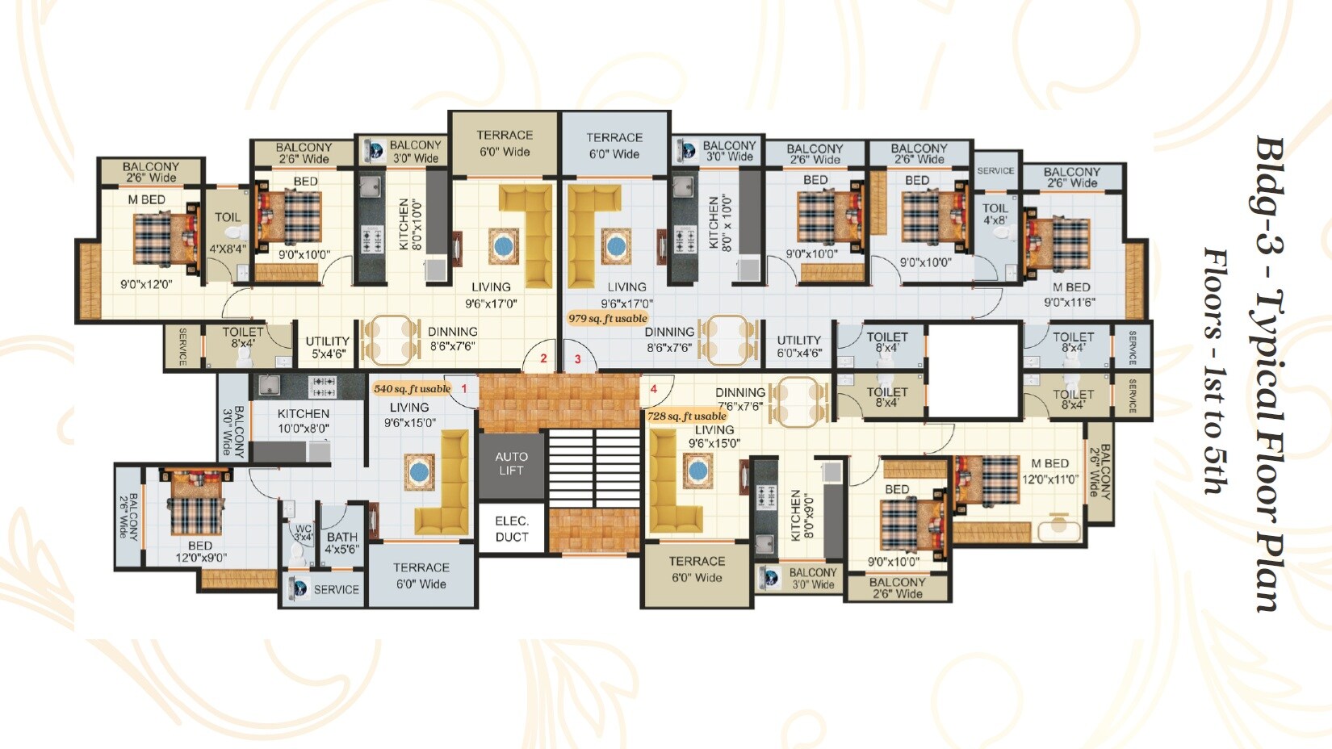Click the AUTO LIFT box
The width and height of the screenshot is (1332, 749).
[x=511, y=463]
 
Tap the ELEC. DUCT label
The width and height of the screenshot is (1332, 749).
[x=511, y=529]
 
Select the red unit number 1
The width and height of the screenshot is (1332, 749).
[x=464, y=388]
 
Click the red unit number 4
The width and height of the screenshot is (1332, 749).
[x=653, y=389]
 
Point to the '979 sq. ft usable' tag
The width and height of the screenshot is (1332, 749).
[x=607, y=318]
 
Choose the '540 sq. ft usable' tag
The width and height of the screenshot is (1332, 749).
[x=412, y=388]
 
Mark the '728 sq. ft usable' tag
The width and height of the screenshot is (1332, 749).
[x=686, y=416]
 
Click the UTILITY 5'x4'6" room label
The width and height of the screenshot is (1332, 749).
[x=327, y=346]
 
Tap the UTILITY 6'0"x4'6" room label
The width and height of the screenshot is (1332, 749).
[x=798, y=346]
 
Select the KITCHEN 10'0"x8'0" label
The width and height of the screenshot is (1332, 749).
[x=303, y=421]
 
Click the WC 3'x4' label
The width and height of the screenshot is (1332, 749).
[x=303, y=533]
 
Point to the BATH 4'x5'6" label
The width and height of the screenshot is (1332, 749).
[x=342, y=542]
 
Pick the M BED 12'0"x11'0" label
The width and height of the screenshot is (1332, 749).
[x=1050, y=471]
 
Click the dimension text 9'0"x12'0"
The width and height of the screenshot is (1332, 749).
[x=146, y=284]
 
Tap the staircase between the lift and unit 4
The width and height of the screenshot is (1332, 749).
[x=594, y=468]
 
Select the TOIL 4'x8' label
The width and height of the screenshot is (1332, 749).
[x=995, y=214]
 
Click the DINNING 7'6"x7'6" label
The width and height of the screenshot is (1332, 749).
[x=739, y=399]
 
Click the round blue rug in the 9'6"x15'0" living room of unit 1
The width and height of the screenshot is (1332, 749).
[x=418, y=471]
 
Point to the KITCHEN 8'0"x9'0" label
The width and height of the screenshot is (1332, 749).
[x=802, y=515]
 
